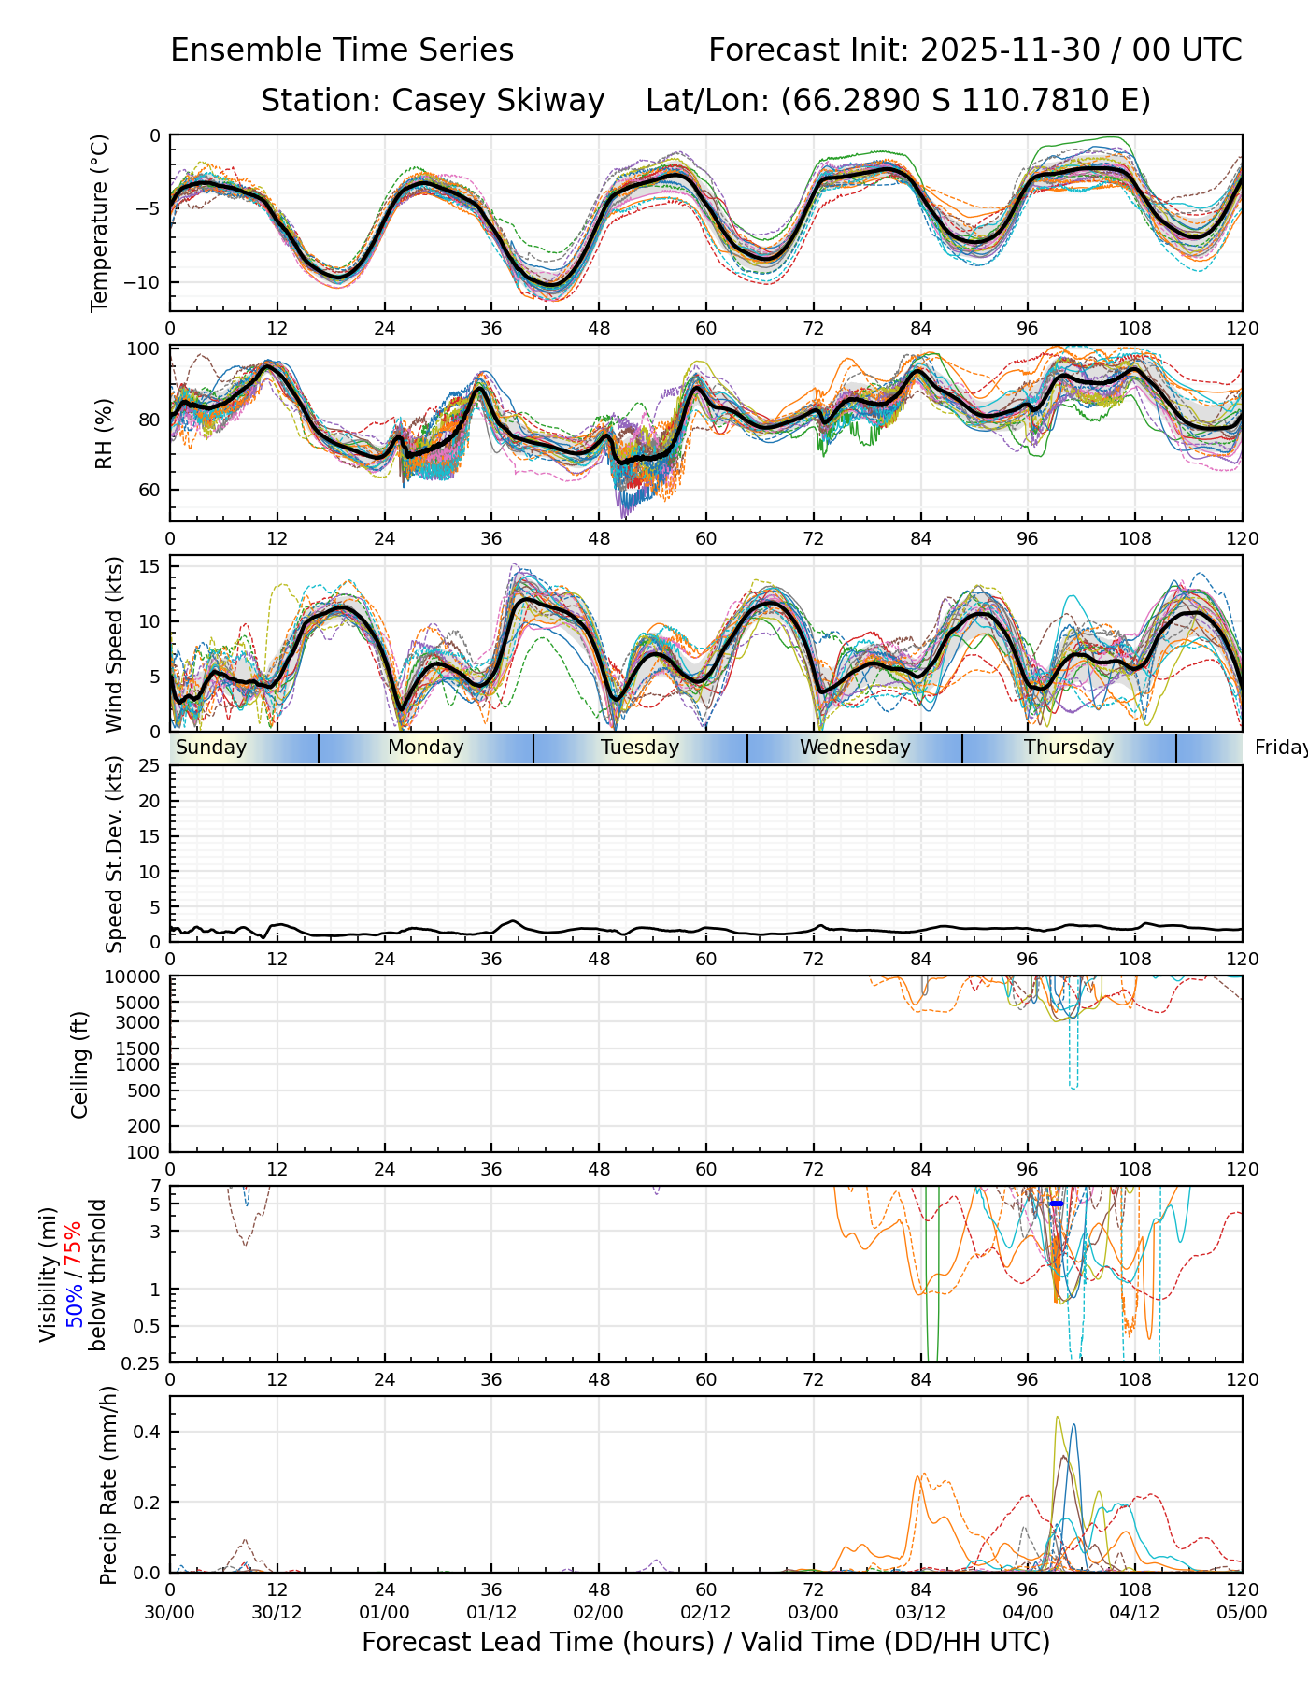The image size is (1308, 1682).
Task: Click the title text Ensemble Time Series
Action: [342, 50]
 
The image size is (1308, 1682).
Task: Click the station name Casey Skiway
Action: [498, 101]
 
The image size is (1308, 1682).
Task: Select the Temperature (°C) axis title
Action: [100, 222]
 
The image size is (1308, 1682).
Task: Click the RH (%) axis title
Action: [104, 433]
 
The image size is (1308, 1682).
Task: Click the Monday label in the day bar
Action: [425, 748]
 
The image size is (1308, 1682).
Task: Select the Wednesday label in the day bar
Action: [855, 748]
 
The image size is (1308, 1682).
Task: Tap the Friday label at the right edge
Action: [1281, 748]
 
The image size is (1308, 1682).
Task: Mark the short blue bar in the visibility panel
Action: [1057, 1204]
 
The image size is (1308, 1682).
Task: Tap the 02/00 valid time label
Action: [598, 1612]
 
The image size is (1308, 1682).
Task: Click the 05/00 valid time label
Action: [1242, 1612]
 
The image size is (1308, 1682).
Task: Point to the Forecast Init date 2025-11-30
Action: [1010, 50]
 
